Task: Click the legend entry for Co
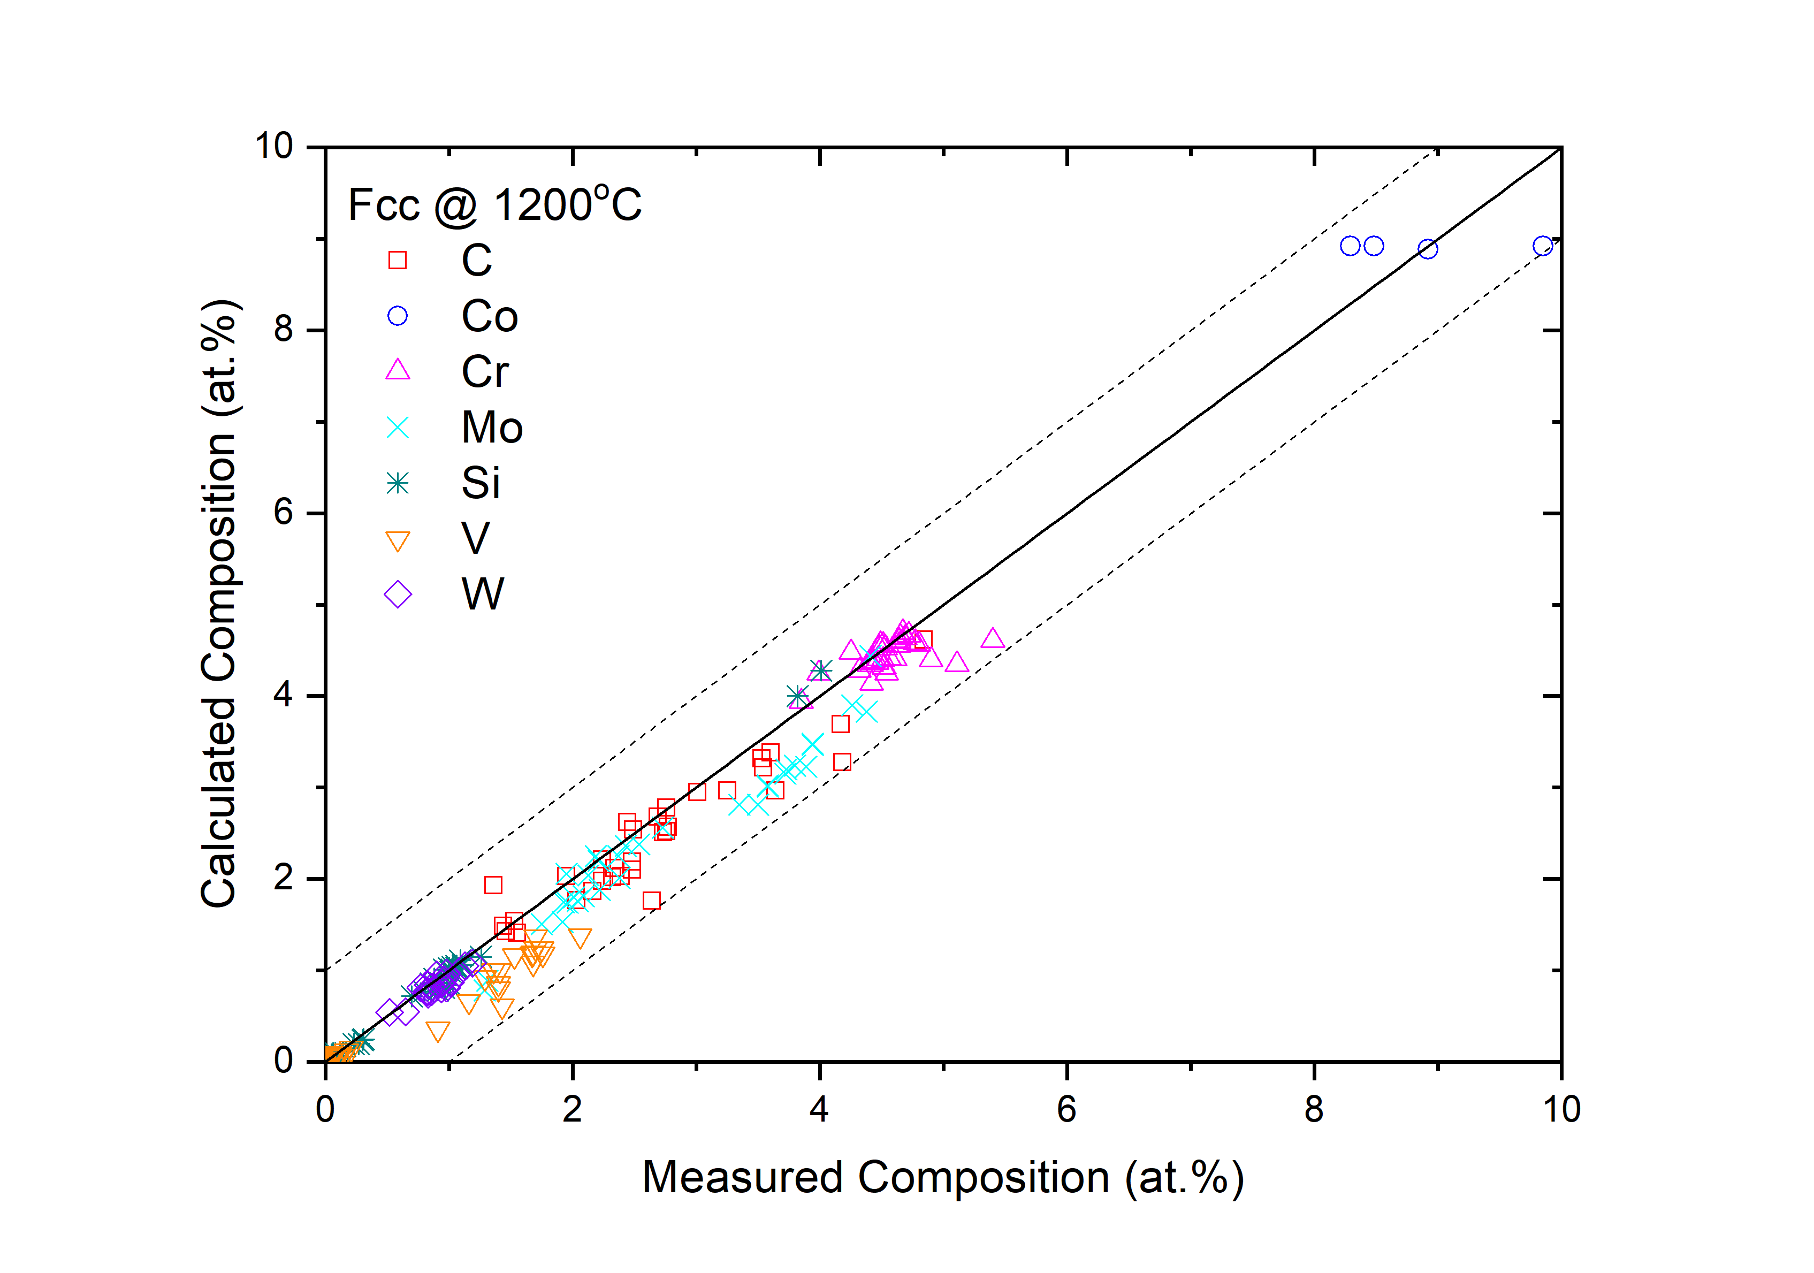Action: [x=489, y=317]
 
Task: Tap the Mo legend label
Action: [x=491, y=428]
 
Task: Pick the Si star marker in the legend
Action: [x=398, y=483]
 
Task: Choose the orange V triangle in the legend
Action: [x=398, y=542]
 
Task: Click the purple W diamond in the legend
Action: [x=398, y=594]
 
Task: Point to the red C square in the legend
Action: [x=398, y=260]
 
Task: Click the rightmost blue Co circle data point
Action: [x=1542, y=246]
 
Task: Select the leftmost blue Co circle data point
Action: [x=1350, y=246]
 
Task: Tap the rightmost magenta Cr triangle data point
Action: [x=992, y=638]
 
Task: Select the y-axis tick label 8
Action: [x=284, y=330]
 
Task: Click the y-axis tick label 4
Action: [x=284, y=696]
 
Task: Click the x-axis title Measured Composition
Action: [x=942, y=1177]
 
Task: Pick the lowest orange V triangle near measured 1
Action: [x=438, y=1031]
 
